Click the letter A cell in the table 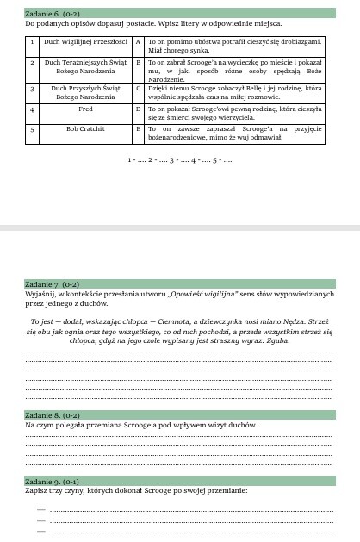coord(138,41)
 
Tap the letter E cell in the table coord(138,128)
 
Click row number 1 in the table coord(32,41)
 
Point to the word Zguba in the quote coord(276,340)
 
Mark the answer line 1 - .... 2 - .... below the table coord(179,159)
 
